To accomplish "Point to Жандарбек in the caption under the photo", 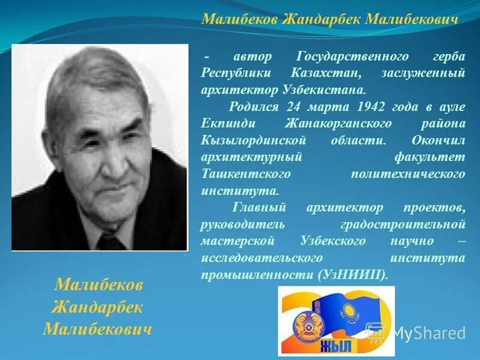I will point(97,307).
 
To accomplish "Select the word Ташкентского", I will point(247,174).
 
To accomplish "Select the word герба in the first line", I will point(448,56).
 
